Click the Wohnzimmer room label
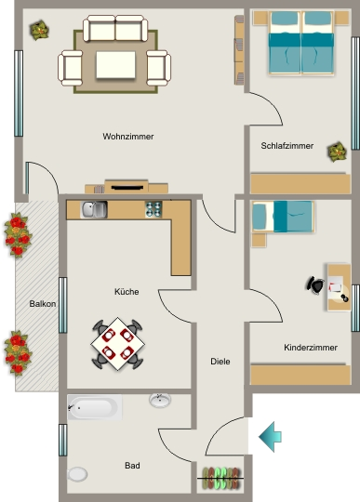tap(128, 137)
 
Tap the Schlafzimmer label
tap(287, 146)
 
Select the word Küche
tap(127, 292)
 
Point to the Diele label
tap(220, 362)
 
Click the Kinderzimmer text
tap(311, 348)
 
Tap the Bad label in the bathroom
tap(132, 465)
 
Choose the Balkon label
tap(42, 303)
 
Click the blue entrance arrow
tap(270, 437)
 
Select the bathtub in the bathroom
tap(95, 407)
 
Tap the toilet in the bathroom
tap(77, 474)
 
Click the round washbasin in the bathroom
tap(160, 400)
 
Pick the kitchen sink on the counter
tap(94, 210)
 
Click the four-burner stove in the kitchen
tap(153, 209)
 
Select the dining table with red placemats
tap(118, 344)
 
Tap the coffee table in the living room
tap(115, 65)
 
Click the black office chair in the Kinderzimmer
tap(315, 285)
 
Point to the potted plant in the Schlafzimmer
tap(337, 152)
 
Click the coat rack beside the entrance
tap(220, 479)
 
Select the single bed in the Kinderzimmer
tap(282, 217)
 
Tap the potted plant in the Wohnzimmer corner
tap(39, 30)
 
